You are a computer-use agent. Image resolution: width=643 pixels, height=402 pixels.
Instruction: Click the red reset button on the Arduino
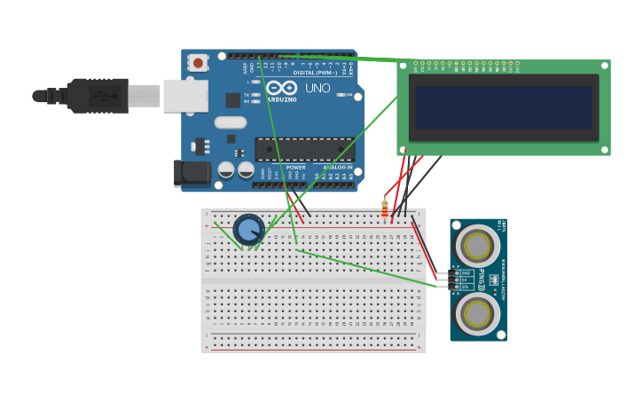pos(197,63)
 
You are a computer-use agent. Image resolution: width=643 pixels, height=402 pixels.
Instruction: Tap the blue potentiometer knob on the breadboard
pos(248,230)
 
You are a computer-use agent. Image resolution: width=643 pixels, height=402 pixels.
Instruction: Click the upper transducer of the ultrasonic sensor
pos(477,245)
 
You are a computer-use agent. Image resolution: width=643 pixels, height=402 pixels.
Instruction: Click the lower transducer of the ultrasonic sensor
pos(477,312)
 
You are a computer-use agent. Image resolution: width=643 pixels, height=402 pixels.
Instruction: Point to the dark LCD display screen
pos(504,107)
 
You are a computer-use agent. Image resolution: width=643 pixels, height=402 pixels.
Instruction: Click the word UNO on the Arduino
pos(318,88)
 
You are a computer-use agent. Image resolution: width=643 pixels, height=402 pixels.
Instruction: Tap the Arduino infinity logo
pos(281,88)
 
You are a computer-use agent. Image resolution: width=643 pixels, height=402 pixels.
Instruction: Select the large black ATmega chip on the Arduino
pos(304,148)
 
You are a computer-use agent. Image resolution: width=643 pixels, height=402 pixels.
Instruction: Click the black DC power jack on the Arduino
pos(192,173)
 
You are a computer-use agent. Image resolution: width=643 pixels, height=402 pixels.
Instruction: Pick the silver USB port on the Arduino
pos(185,96)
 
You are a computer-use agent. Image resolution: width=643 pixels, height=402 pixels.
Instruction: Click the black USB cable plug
pos(98,96)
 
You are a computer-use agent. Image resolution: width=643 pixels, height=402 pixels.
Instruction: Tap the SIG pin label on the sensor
pos(465,287)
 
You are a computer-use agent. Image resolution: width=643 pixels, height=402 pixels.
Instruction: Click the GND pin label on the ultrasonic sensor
pos(465,272)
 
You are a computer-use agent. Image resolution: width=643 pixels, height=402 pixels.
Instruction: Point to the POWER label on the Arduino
pos(295,167)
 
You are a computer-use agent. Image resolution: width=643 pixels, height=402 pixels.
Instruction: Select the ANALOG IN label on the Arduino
pos(337,167)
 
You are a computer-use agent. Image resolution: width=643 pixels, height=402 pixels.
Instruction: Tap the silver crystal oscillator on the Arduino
pos(230,122)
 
